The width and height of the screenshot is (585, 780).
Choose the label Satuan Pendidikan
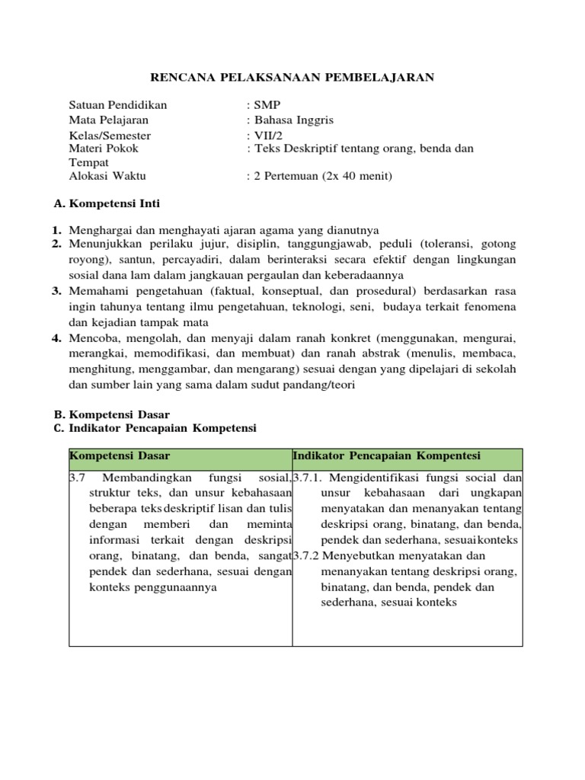(118, 106)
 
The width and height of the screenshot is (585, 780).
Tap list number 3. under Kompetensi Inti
(56, 291)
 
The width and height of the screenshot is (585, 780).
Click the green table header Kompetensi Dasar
(120, 456)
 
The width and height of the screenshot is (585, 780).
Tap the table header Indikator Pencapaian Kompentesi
(387, 456)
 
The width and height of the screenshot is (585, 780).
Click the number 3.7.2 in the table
(307, 555)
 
